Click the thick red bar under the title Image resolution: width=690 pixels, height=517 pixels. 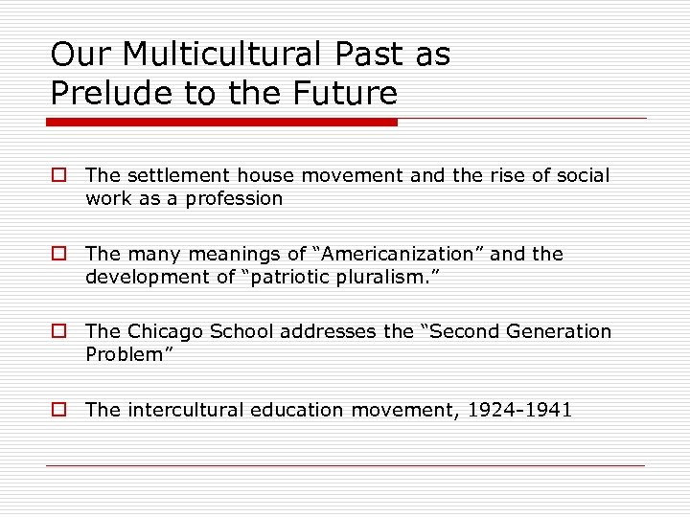222,122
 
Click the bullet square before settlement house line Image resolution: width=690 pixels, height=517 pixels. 58,175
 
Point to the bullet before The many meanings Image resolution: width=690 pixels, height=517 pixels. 58,254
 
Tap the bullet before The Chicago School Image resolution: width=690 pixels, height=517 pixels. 58,331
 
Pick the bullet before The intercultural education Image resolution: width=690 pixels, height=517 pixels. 58,410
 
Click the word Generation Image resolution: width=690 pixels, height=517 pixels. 557,331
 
